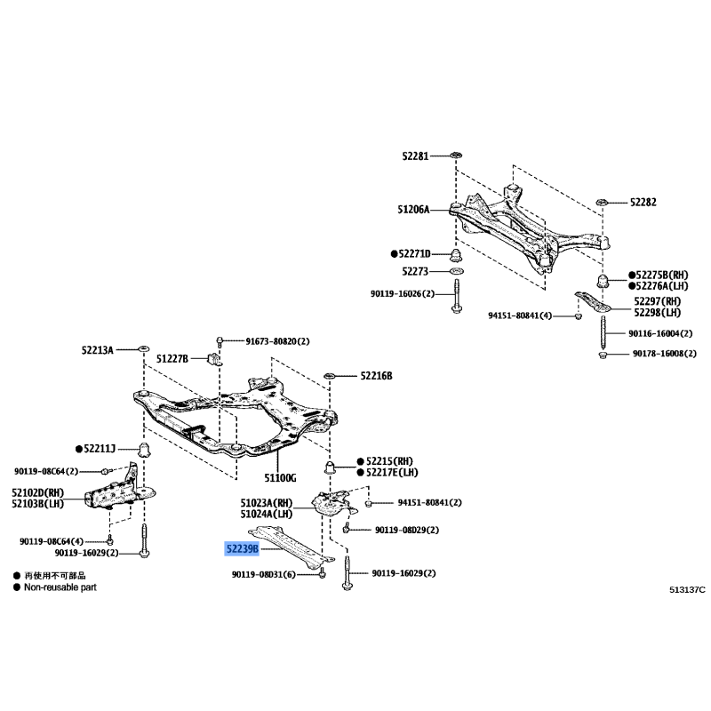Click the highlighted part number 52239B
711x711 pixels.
[x=240, y=549]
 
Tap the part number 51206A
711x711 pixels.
[x=414, y=210]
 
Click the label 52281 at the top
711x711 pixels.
[x=414, y=156]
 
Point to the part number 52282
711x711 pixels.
[x=643, y=202]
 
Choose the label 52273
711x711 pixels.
[x=415, y=271]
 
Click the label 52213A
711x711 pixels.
[x=99, y=351]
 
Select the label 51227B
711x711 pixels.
[x=172, y=358]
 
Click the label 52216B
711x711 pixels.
[x=376, y=376]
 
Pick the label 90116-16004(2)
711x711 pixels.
[x=660, y=334]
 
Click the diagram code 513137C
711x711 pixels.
[x=687, y=588]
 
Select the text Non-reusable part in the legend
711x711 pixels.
[x=60, y=587]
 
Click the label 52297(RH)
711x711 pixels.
[x=657, y=302]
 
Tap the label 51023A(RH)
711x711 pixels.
[x=266, y=502]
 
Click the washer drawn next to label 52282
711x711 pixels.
[x=602, y=202]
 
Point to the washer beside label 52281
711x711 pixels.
[x=453, y=156]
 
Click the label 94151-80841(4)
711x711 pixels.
[x=520, y=316]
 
